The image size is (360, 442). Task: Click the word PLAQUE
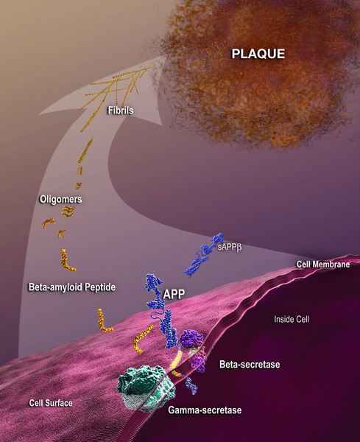pyautogui.click(x=258, y=54)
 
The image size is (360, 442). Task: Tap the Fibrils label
pyautogui.click(x=121, y=110)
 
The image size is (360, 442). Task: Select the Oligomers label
pyautogui.click(x=60, y=200)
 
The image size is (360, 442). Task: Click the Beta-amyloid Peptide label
pyautogui.click(x=72, y=287)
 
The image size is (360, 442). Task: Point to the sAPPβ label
pyautogui.click(x=230, y=248)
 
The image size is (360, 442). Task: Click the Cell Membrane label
pyautogui.click(x=323, y=264)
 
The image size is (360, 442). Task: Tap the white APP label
pyautogui.click(x=174, y=294)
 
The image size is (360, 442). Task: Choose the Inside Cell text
pyautogui.click(x=292, y=320)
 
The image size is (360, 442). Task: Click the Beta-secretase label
pyautogui.click(x=250, y=365)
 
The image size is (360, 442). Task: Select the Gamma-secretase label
pyautogui.click(x=205, y=410)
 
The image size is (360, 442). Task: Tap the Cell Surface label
pyautogui.click(x=51, y=403)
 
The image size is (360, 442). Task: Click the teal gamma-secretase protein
pyautogui.click(x=145, y=387)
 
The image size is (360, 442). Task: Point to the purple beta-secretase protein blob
pyautogui.click(x=191, y=340)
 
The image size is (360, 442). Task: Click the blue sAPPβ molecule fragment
pyautogui.click(x=202, y=255)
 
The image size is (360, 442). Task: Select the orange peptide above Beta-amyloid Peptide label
pyautogui.click(x=67, y=261)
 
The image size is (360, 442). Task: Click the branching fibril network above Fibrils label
pyautogui.click(x=119, y=85)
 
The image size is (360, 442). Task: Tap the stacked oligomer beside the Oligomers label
pyautogui.click(x=68, y=211)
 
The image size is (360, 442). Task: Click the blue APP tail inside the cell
pyautogui.click(x=191, y=385)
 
